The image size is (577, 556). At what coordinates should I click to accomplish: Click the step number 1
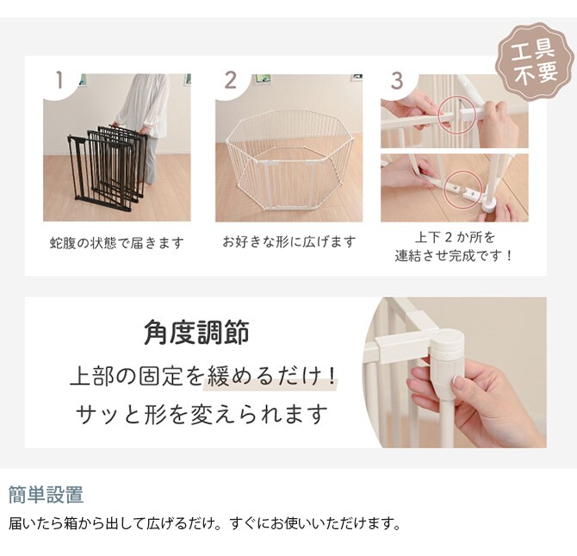[x=59, y=81]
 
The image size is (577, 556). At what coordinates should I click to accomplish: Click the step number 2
[x=231, y=81]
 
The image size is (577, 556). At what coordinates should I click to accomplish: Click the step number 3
[x=397, y=81]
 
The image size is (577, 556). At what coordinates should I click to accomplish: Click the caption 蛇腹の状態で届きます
[x=116, y=243]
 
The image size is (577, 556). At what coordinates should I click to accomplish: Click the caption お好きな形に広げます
[x=288, y=242]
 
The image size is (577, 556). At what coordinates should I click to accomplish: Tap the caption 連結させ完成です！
[x=454, y=256]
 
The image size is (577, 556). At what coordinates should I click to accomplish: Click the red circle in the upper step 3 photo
[x=456, y=115]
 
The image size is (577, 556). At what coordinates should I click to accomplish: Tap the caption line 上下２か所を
[x=454, y=237]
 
